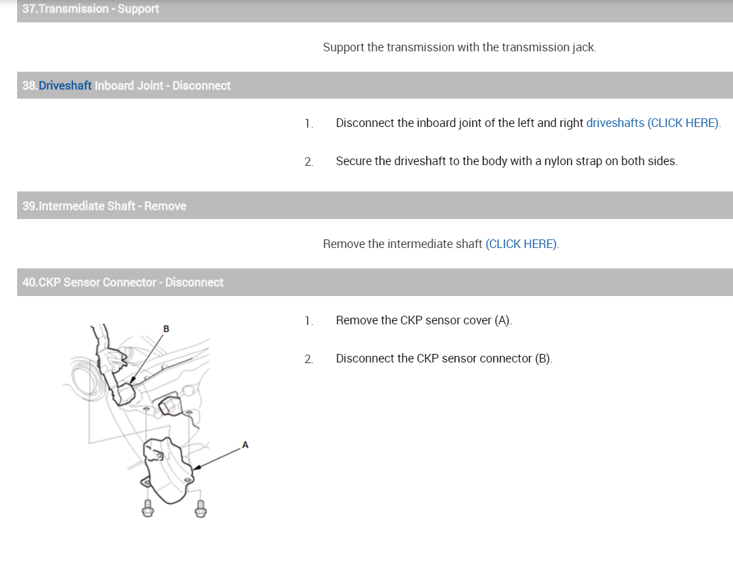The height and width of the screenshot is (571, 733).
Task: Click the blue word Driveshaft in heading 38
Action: (x=65, y=86)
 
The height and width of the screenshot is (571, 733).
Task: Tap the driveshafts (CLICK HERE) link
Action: (x=653, y=123)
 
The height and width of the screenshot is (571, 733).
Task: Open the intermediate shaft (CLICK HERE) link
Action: (x=521, y=244)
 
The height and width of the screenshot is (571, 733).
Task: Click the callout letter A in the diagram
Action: (x=245, y=445)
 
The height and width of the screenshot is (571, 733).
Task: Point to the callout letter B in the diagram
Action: (x=166, y=329)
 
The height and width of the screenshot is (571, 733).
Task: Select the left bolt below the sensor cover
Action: (x=148, y=509)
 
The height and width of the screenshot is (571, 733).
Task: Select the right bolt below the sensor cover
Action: (x=201, y=509)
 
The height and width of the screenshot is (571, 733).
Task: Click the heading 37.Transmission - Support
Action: (x=91, y=9)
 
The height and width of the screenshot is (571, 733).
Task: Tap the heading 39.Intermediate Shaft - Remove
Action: (x=104, y=206)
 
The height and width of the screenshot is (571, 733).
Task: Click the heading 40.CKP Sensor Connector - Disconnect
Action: (x=123, y=282)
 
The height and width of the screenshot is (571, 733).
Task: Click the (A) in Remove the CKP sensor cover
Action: (x=503, y=320)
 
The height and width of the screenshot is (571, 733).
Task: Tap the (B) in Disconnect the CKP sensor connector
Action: (x=543, y=359)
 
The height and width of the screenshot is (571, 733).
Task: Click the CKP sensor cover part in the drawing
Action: (x=167, y=470)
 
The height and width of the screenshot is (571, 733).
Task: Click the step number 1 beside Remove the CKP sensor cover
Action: (x=308, y=321)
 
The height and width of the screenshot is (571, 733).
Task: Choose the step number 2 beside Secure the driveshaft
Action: (x=309, y=162)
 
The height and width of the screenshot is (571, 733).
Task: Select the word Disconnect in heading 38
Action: (x=201, y=86)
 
